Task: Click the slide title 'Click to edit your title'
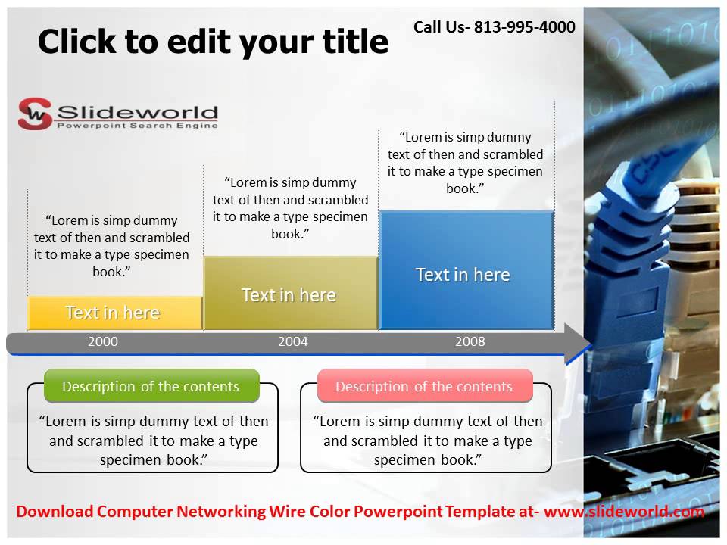click(213, 42)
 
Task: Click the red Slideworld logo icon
click(35, 114)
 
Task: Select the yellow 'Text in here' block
click(114, 313)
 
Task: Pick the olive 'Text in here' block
click(289, 294)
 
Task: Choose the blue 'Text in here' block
click(463, 274)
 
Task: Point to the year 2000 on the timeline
click(103, 341)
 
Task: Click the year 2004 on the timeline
click(293, 341)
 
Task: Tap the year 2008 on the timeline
click(470, 341)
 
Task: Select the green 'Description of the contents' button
click(151, 386)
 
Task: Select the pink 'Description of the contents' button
click(425, 386)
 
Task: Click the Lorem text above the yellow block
click(112, 246)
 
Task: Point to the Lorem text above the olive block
click(291, 208)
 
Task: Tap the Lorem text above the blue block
click(466, 163)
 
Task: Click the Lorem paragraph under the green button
click(153, 441)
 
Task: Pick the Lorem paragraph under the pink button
click(427, 441)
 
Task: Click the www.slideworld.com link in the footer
click(624, 512)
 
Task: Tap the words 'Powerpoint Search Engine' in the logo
click(137, 125)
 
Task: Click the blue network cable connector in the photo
click(636, 227)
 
